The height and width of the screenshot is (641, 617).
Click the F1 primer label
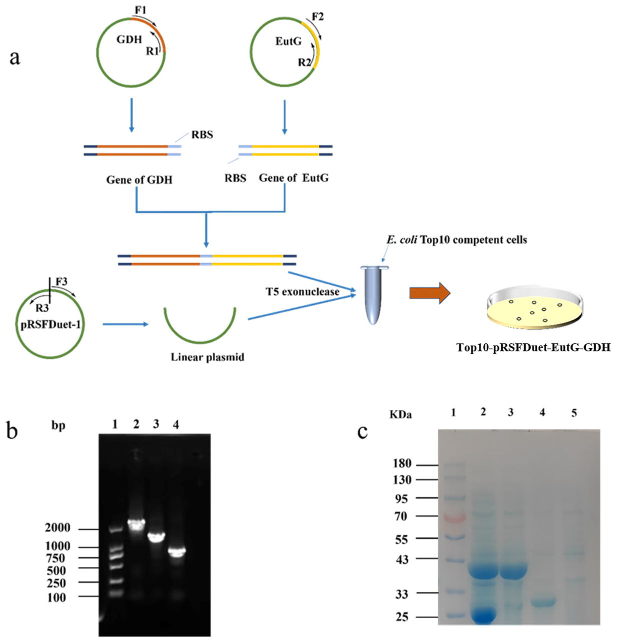(140, 10)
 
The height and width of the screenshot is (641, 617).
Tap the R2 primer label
(305, 62)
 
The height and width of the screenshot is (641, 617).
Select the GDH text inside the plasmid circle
(129, 40)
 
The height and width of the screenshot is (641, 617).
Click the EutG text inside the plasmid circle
(288, 41)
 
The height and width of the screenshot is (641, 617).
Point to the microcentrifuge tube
(374, 294)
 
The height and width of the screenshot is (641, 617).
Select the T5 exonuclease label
(302, 292)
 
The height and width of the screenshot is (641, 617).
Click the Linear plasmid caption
(208, 357)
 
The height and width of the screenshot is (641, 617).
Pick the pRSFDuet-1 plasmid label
(51, 325)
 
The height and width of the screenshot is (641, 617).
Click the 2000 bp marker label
(58, 527)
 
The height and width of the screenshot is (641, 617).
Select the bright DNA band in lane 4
(177, 552)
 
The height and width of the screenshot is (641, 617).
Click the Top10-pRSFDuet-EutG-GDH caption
(533, 347)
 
